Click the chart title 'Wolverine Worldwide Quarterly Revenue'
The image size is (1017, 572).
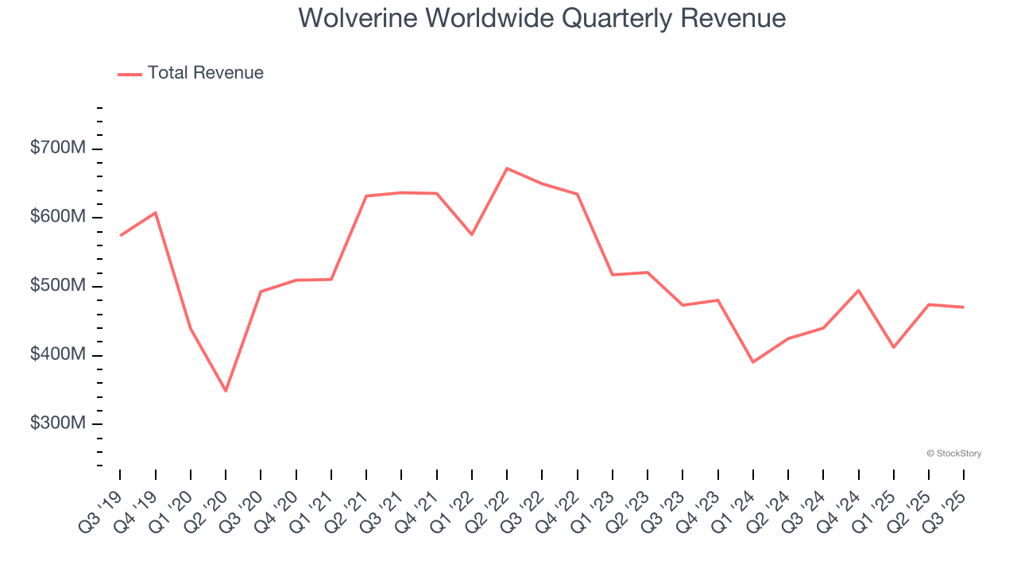pos(542,18)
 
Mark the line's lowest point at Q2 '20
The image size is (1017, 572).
pos(226,391)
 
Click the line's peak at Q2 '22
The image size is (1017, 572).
pos(507,168)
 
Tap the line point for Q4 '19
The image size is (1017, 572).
pos(156,212)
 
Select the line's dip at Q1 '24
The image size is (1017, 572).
pos(752,362)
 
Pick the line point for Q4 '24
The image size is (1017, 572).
pos(858,290)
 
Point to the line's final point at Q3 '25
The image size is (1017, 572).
pos(964,307)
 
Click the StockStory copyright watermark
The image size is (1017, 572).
pos(953,454)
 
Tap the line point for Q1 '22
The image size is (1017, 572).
pos(472,234)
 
